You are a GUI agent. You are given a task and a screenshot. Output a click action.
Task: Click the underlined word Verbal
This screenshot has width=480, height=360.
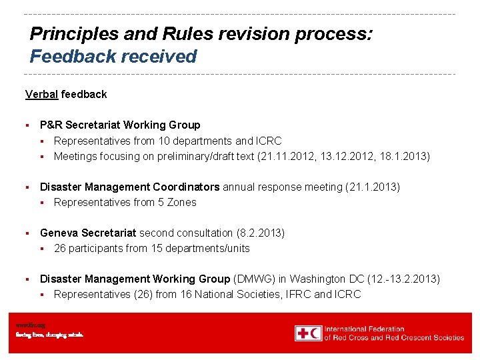[x=41, y=94]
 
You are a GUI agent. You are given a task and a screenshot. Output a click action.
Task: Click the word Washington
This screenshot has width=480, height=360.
[x=315, y=279]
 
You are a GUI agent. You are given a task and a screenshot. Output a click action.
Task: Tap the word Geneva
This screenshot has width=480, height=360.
[x=59, y=233]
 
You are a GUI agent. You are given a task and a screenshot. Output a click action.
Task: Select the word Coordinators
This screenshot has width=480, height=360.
[x=187, y=187]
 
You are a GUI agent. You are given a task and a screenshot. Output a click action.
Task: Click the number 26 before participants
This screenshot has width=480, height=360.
[x=60, y=248]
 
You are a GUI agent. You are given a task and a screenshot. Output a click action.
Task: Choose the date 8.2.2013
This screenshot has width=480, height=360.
[x=261, y=233]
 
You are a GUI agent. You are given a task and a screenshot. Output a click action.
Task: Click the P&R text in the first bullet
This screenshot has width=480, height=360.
[x=49, y=125]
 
